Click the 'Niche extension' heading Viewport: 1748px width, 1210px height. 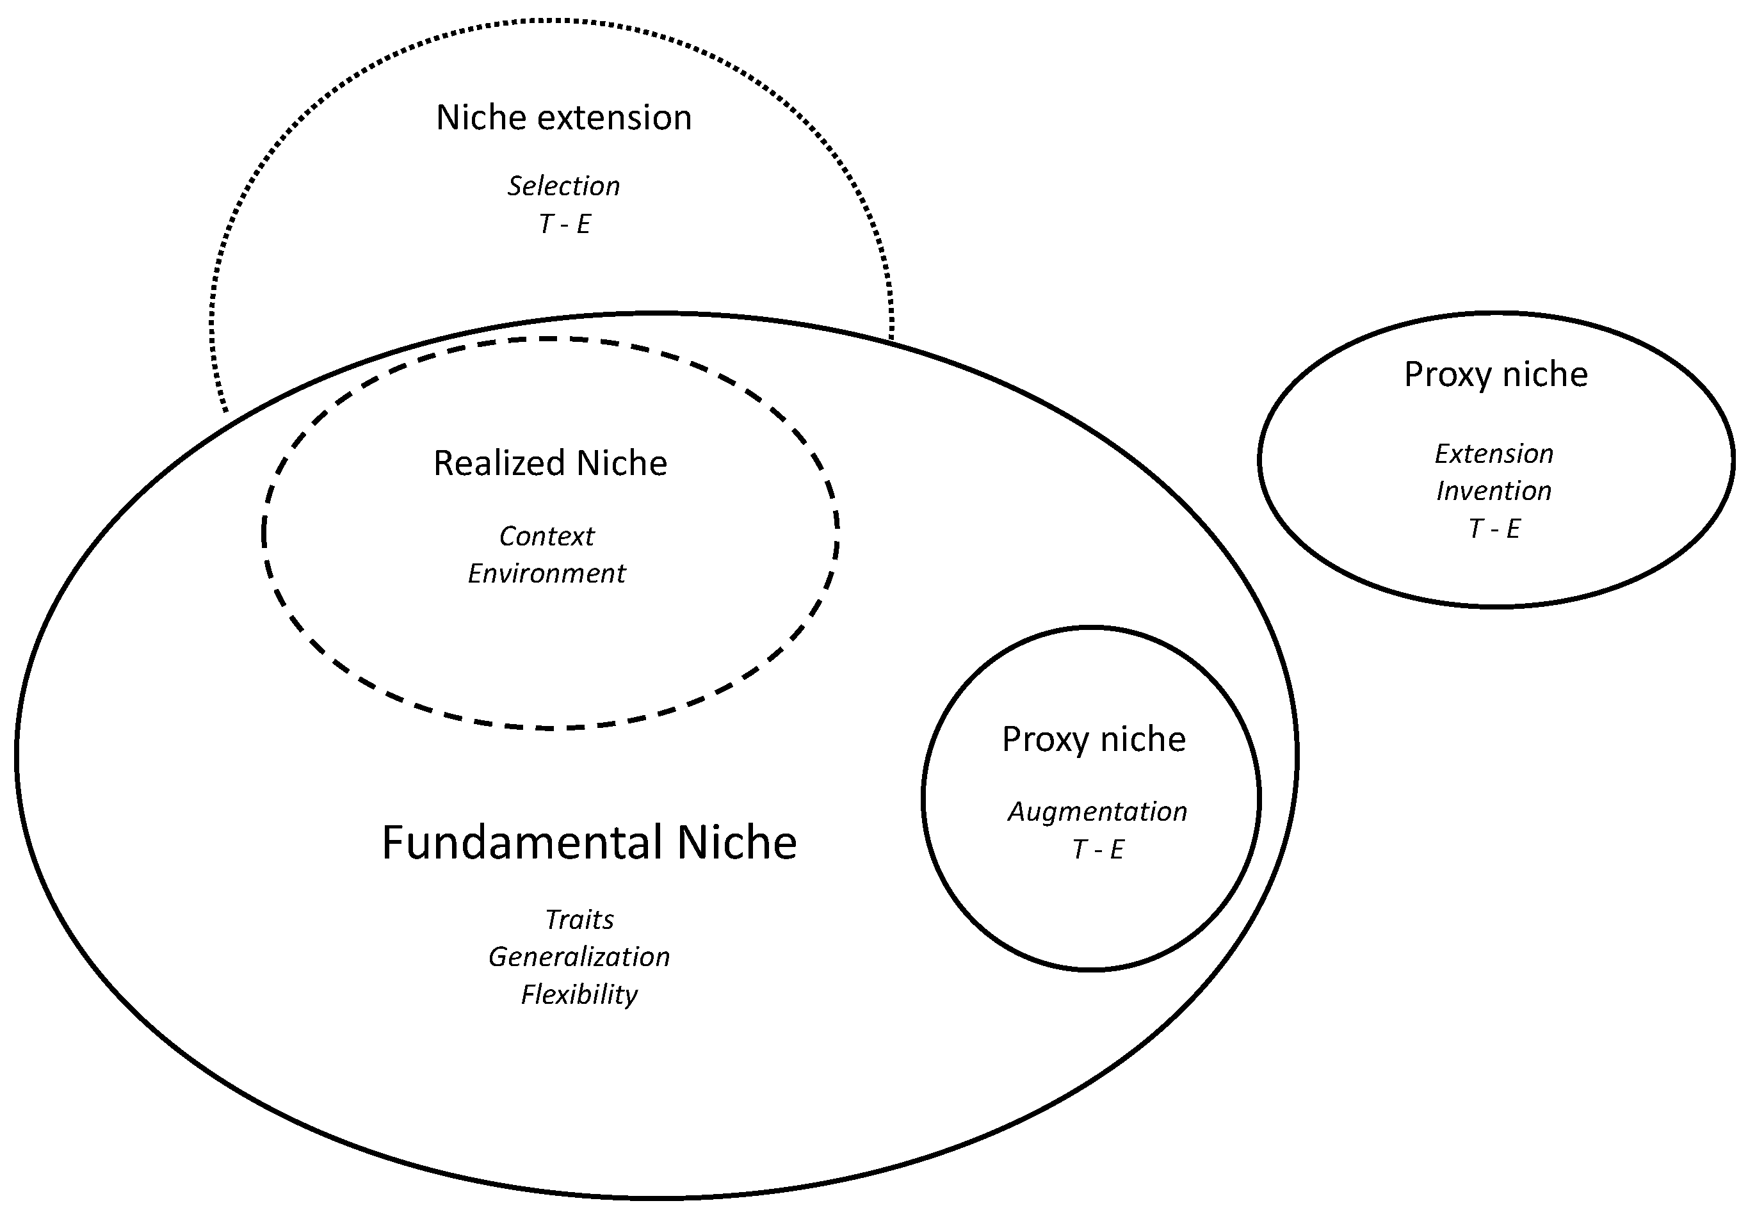[x=563, y=118]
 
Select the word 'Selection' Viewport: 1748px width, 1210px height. [x=563, y=186]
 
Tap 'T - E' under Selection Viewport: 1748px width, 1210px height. [x=563, y=223]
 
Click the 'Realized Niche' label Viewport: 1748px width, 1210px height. [x=549, y=464]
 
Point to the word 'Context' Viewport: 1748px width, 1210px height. [x=547, y=536]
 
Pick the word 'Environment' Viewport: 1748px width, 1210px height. [x=547, y=574]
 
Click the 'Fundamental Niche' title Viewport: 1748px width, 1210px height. [x=589, y=843]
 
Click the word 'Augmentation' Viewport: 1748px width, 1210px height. [x=1097, y=812]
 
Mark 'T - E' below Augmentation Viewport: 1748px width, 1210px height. [x=1097, y=849]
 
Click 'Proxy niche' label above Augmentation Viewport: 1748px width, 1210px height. [x=1093, y=739]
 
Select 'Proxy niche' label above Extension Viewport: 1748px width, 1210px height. [x=1495, y=375]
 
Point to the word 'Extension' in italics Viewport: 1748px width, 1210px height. [x=1493, y=454]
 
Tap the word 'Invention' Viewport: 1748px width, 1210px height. [x=1493, y=491]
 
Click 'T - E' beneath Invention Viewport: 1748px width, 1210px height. [x=1493, y=528]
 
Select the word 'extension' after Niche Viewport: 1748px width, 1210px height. [x=614, y=118]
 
